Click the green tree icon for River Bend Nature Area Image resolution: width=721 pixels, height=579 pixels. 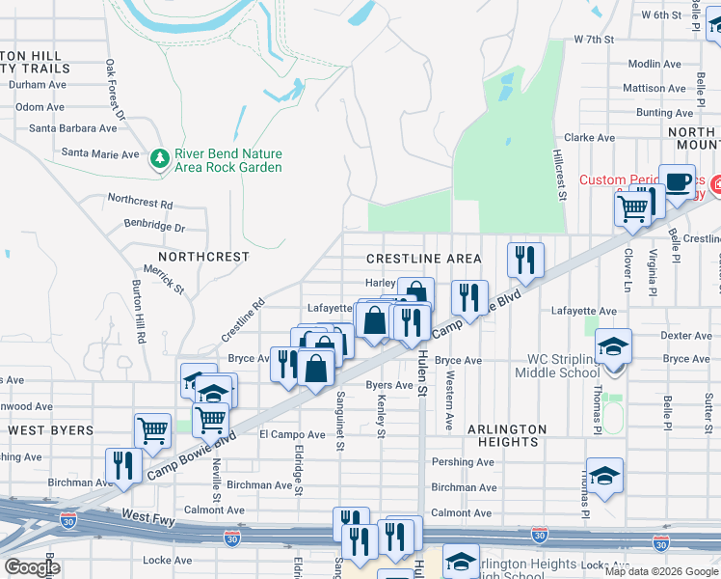160,157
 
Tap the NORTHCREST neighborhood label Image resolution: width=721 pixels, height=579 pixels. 203,258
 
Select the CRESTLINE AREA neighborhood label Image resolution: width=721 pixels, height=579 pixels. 423,259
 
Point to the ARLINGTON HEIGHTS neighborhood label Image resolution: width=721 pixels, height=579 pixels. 508,435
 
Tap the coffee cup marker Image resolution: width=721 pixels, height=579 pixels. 678,180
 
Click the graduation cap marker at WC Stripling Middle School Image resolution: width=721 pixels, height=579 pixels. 614,346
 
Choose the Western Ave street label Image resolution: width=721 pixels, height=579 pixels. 449,402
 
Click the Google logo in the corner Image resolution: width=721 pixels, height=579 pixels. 31,567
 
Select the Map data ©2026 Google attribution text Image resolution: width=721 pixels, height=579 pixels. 660,571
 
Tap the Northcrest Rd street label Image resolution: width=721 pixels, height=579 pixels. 140,204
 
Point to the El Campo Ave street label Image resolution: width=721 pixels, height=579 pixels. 292,435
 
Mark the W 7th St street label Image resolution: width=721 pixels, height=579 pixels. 594,40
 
